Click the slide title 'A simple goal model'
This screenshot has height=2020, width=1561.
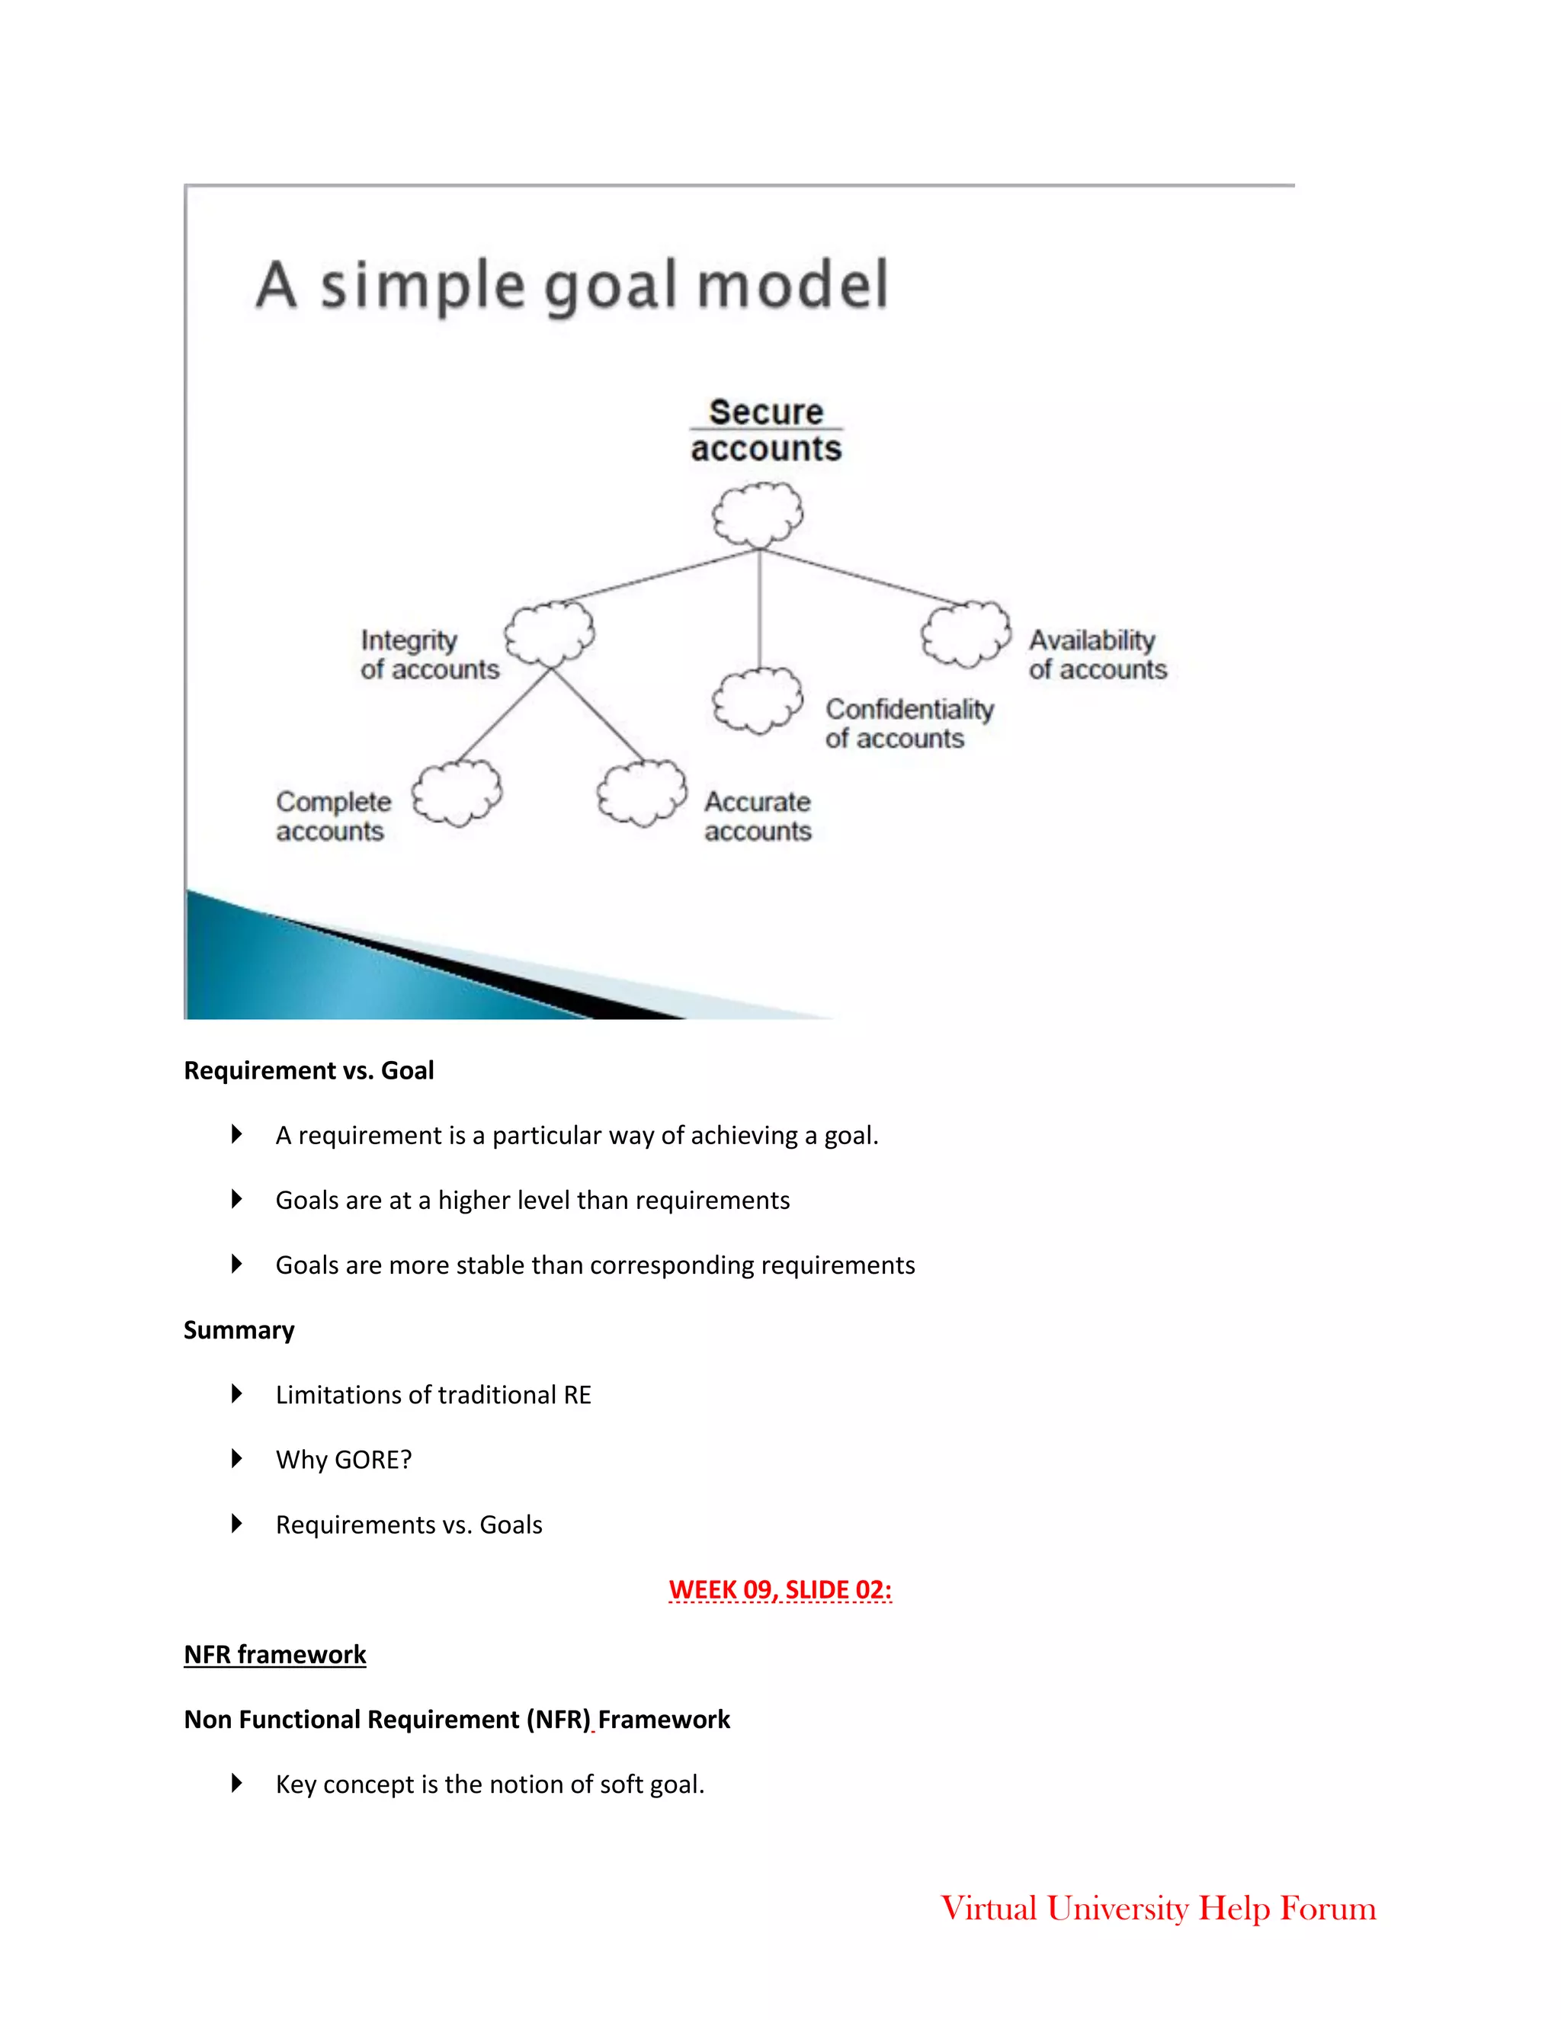coord(572,285)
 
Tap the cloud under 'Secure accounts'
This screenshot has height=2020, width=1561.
coord(758,515)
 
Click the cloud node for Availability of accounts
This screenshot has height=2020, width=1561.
coord(966,633)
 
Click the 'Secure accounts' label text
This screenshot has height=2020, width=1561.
coord(767,430)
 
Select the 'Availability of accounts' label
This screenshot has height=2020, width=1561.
coord(1098,654)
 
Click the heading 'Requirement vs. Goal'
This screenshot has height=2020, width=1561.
coord(309,1071)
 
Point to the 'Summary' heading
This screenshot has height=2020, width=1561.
coord(239,1330)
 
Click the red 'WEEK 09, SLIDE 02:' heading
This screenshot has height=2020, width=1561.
coord(780,1590)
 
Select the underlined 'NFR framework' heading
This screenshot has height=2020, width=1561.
coord(274,1655)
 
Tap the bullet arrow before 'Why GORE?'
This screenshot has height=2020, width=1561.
coord(237,1460)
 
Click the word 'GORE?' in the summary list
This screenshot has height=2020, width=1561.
coord(373,1460)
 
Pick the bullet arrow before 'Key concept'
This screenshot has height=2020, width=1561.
coord(237,1783)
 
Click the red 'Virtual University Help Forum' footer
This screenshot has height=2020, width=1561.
coord(1158,1908)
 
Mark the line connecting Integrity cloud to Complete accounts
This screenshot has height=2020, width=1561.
coord(504,715)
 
